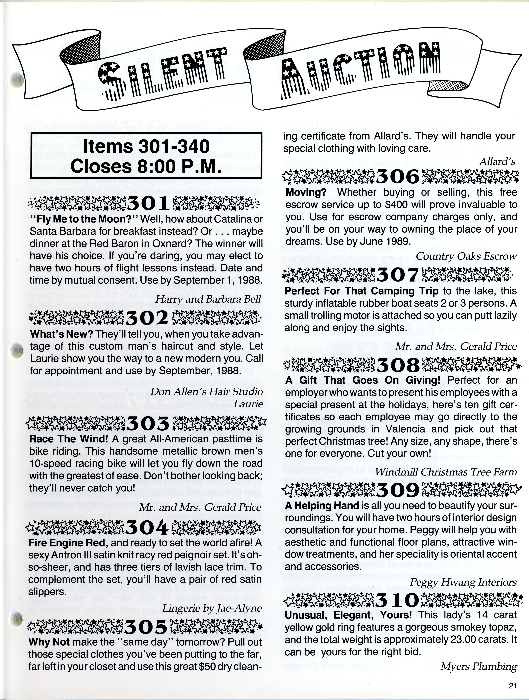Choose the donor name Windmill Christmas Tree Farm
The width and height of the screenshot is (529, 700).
pyautogui.click(x=446, y=472)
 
